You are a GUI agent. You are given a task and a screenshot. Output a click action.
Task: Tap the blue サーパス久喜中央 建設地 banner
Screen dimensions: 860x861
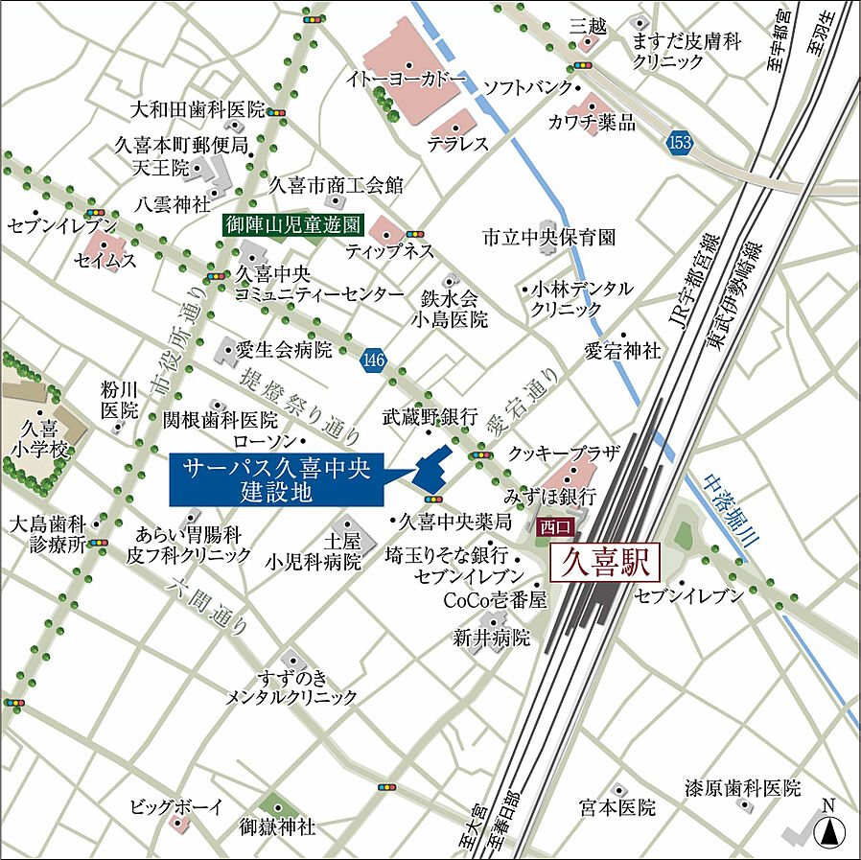pos(277,479)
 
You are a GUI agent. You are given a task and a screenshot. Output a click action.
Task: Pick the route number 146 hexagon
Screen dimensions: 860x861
pos(374,360)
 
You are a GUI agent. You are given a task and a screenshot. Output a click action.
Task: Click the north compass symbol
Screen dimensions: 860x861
pos(828,825)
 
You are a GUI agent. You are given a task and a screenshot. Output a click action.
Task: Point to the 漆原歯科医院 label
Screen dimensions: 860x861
pos(742,788)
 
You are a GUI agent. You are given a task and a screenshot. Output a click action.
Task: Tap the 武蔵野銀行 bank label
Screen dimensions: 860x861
pos(430,416)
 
